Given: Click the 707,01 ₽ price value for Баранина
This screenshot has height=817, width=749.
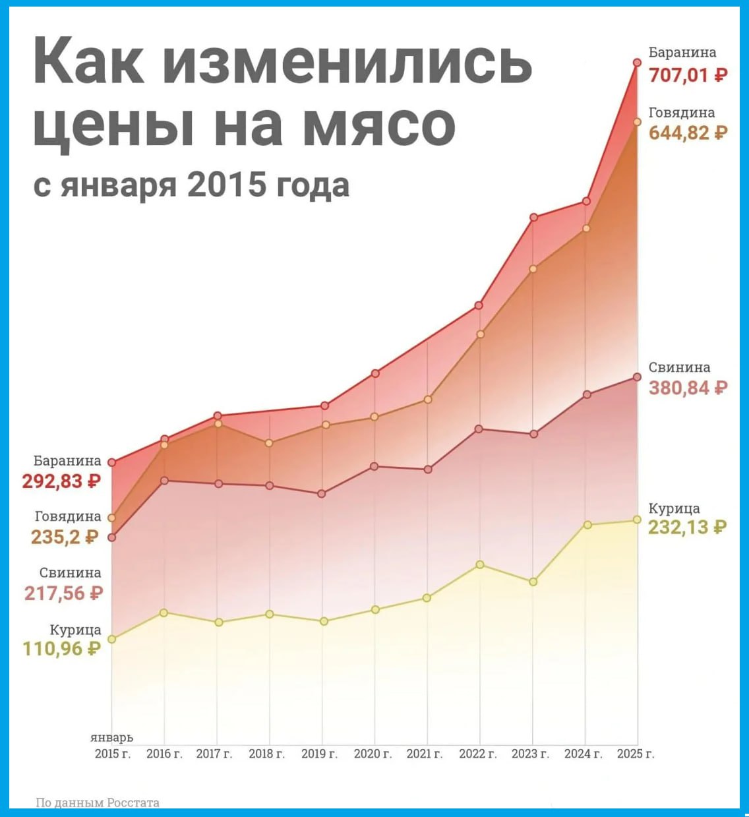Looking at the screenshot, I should point(688,75).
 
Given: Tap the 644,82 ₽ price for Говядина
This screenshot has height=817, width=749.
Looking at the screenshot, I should point(688,133).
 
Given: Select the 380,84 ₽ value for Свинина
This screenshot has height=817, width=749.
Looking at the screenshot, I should point(688,388).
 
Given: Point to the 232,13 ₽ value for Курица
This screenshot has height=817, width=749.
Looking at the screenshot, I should point(687,528).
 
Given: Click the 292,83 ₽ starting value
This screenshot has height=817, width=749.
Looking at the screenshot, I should point(61,481).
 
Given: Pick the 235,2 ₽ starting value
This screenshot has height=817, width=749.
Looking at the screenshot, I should point(65,537).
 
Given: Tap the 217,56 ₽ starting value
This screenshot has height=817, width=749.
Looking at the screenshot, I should point(64,593).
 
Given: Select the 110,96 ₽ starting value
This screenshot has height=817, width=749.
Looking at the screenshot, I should point(62,649).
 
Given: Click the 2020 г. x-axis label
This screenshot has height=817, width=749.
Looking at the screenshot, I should point(373,754).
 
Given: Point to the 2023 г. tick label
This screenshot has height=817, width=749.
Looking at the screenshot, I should point(530,754).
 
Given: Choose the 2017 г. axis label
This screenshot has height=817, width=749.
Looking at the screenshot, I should point(214,754).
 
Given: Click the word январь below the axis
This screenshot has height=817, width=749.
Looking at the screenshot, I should point(111,738).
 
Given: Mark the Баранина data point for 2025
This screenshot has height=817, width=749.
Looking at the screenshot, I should point(637,63).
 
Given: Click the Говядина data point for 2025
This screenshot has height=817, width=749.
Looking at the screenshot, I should point(637,122).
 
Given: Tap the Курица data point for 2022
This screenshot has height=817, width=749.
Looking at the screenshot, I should point(480,564).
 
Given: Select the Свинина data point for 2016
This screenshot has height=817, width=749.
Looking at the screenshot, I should point(164,480).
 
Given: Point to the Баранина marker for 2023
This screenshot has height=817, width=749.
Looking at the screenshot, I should point(533,217).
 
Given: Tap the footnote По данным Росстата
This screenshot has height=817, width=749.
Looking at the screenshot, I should point(98,802).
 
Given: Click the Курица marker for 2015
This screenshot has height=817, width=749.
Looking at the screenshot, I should point(111,639).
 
